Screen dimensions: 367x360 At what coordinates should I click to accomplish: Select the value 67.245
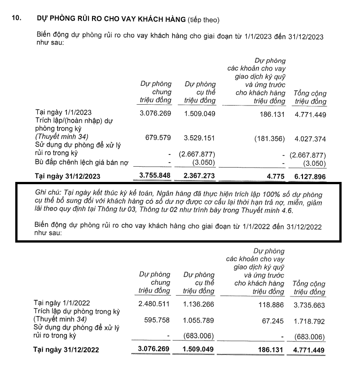(x=273, y=321)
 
